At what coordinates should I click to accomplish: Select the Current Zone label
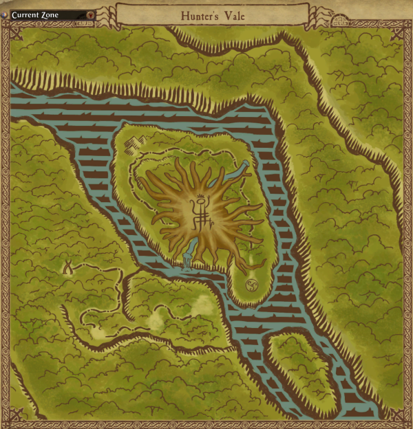35,14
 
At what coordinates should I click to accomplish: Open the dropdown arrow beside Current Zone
91,14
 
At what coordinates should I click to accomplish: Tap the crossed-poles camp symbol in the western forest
69,267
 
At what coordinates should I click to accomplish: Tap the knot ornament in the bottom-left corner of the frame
15,417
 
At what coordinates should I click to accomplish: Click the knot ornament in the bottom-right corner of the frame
399,417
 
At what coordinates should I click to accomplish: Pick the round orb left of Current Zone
6,14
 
